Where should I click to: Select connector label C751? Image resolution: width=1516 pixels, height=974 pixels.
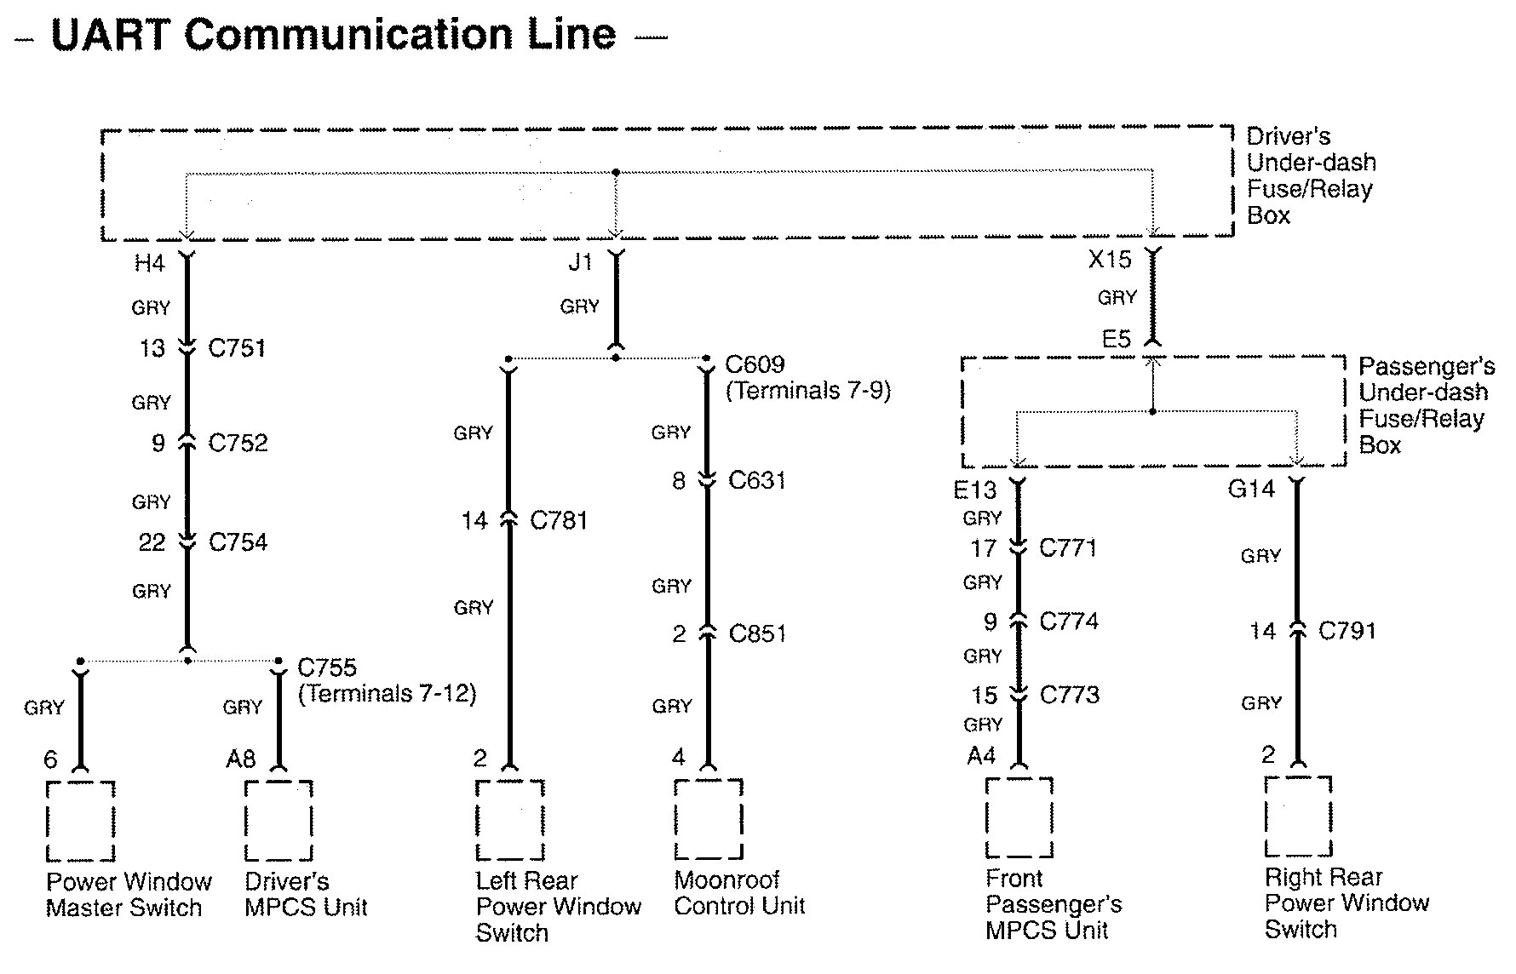(237, 347)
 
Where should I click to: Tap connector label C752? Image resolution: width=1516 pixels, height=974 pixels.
(238, 443)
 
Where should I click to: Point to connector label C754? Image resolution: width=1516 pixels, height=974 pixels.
(238, 542)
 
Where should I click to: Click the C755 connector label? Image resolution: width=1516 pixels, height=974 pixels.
(327, 667)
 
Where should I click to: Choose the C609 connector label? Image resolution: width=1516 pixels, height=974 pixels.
(755, 364)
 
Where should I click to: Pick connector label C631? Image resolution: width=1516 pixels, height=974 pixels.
(757, 480)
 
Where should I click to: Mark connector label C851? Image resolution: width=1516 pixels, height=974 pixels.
(757, 633)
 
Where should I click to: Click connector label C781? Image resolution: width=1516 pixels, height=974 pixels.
(559, 520)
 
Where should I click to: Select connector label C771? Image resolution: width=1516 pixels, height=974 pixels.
(1068, 547)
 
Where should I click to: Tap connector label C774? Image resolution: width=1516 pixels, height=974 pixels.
(1069, 622)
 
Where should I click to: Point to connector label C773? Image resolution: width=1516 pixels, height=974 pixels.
(1070, 695)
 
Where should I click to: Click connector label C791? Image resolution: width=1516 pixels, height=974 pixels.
(1347, 631)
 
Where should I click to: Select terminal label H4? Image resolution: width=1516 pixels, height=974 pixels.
(149, 264)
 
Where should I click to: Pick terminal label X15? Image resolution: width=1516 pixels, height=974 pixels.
(1110, 260)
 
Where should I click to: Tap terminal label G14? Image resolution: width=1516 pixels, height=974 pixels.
(1251, 489)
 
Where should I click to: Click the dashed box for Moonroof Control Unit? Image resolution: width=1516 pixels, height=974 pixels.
(709, 818)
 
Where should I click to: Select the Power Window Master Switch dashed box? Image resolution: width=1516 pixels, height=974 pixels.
(80, 821)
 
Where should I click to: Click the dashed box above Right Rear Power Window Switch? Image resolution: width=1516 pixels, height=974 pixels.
(1298, 816)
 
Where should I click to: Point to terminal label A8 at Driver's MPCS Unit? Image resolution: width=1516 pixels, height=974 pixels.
(240, 759)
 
